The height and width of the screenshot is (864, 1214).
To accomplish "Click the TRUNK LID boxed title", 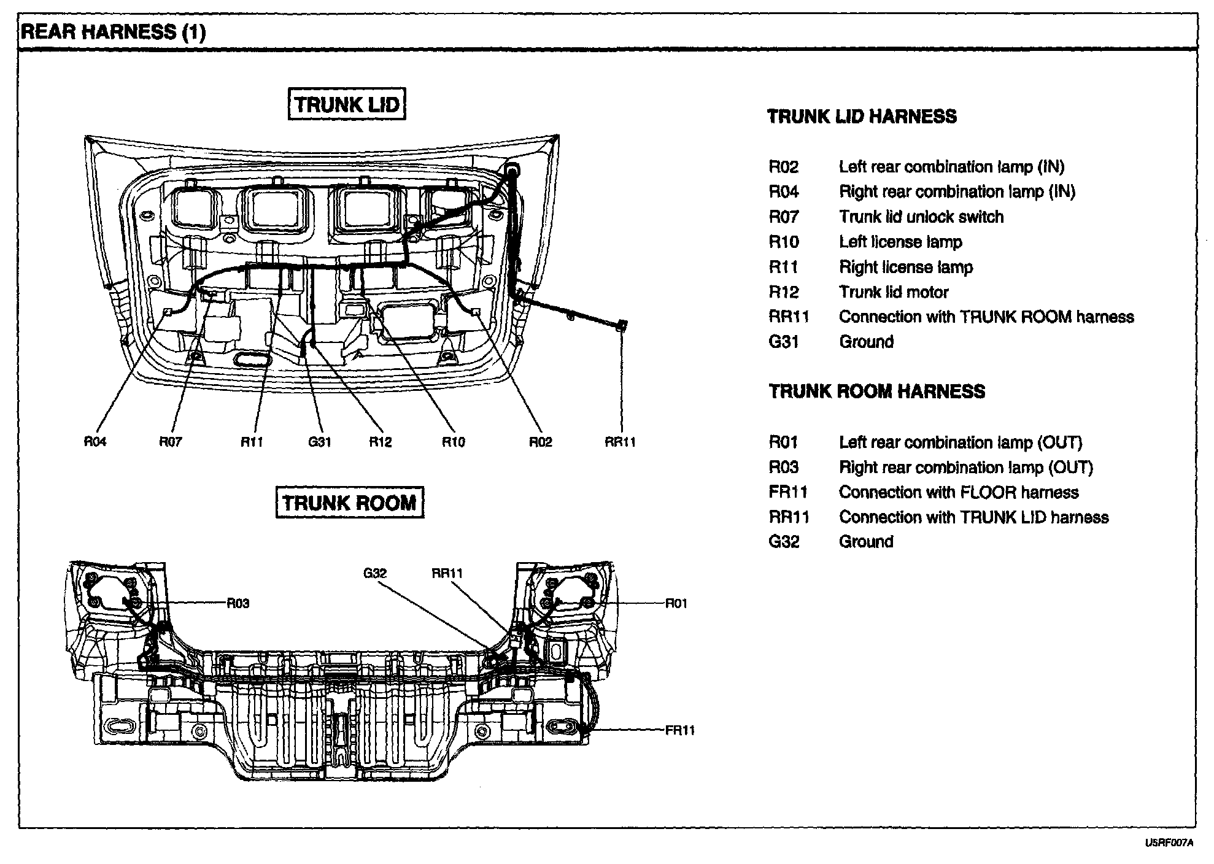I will pos(347,104).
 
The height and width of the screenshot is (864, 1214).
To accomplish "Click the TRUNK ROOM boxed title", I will pos(349,503).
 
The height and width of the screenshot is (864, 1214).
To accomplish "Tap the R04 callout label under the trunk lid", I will pos(95,442).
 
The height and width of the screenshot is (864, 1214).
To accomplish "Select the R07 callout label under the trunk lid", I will pos(171,442).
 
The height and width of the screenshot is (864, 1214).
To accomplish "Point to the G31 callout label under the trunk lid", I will pos(320,442).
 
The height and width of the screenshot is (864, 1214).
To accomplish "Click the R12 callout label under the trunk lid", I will pos(381,442).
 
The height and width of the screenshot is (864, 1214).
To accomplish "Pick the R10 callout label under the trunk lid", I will pos(454,442).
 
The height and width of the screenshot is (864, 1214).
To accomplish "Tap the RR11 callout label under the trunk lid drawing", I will pos(620,442).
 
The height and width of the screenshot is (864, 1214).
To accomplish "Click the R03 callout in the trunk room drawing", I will pos(238,603).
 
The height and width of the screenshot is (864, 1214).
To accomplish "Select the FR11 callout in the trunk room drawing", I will pos(680,730).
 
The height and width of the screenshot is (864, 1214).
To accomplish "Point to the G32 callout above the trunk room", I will pos(375,573).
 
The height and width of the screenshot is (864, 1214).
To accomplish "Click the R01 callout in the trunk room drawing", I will pos(676,603).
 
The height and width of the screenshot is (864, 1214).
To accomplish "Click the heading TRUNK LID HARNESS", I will pos(862,117).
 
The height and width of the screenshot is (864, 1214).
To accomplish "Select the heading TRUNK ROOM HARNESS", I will pos(877,391).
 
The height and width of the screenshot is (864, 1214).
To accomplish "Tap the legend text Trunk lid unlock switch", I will pos(921,217).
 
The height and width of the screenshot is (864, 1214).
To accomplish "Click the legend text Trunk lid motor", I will pos(894,292).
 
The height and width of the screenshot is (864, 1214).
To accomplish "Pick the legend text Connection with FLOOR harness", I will pos(959,492).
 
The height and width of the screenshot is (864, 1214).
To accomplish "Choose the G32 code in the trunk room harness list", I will pos(784,542).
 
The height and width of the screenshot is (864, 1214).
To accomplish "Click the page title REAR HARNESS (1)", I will pos(113,32).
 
